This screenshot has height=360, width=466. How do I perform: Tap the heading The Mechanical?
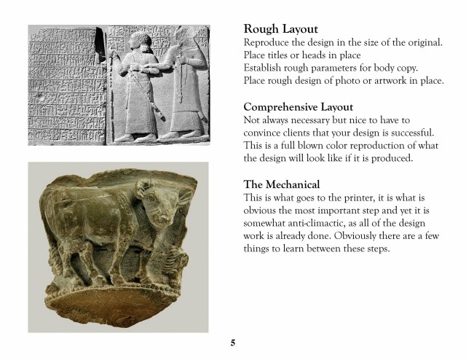point(282,184)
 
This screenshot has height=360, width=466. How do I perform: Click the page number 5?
point(233,343)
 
